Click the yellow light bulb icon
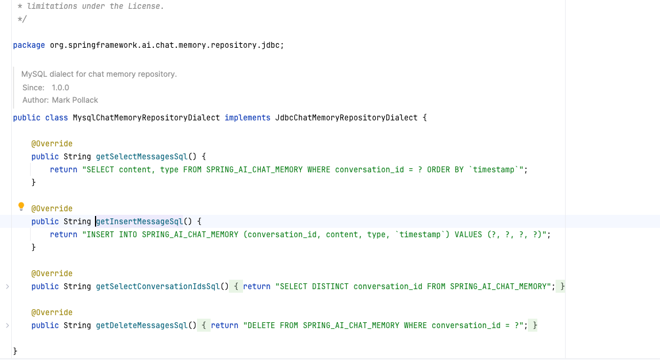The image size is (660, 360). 22,207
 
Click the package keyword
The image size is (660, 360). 29,45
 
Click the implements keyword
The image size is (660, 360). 247,117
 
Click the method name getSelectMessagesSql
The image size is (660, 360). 142,156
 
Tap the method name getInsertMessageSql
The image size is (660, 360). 139,221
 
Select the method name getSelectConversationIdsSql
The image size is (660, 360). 157,286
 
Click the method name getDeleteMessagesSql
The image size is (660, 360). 142,325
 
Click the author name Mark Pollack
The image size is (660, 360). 75,100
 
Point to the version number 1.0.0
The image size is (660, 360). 60,87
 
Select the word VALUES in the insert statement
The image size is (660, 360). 468,234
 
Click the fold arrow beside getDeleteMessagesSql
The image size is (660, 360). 7,325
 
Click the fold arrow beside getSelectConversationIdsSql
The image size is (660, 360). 7,286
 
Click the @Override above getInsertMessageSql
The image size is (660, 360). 52,208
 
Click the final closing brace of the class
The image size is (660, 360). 15,351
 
